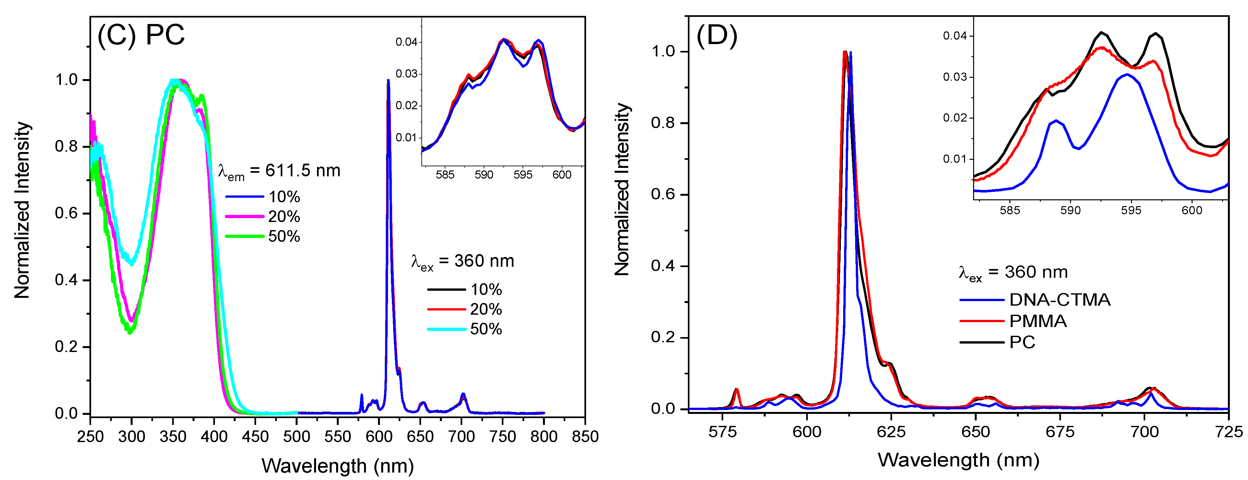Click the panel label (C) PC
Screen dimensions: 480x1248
pos(141,35)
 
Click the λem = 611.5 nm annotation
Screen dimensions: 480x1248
pos(279,171)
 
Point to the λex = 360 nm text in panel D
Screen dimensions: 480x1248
pos(1013,273)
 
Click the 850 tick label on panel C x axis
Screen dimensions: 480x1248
pos(585,436)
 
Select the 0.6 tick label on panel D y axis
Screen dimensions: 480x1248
pos(663,194)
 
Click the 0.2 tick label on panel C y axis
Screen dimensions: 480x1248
pos(66,347)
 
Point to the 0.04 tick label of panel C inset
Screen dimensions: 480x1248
pos(406,42)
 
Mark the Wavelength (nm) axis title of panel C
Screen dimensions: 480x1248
pos(338,466)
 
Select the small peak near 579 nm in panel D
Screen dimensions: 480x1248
pos(736,390)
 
